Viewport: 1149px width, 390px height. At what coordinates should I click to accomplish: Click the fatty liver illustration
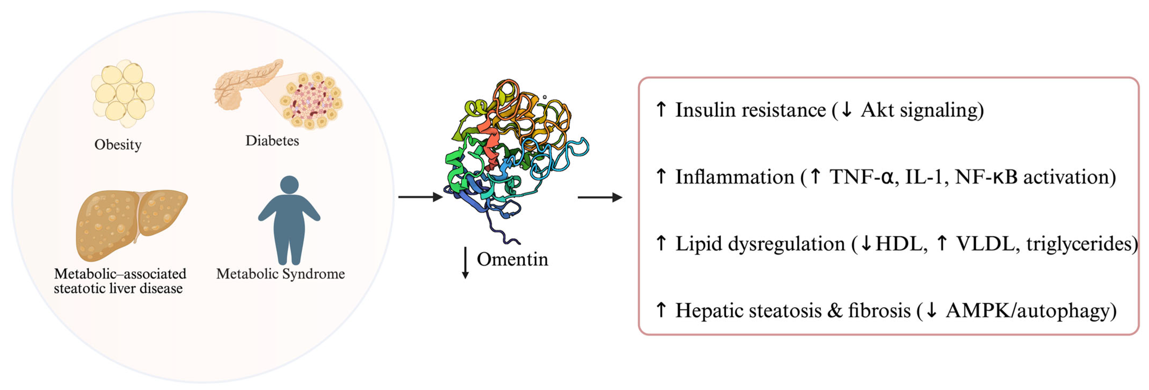pyautogui.click(x=129, y=223)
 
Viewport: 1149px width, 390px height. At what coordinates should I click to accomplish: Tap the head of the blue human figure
pyautogui.click(x=289, y=185)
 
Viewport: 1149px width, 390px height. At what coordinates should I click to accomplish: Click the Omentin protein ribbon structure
pyautogui.click(x=513, y=156)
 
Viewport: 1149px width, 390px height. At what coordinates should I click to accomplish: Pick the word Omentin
pyautogui.click(x=512, y=259)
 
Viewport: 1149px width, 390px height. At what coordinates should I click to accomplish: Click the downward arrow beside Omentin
pyautogui.click(x=465, y=263)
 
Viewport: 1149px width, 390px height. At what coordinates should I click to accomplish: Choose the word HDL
pyautogui.click(x=899, y=244)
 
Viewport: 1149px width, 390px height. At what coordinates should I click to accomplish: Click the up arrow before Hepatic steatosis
pyautogui.click(x=661, y=309)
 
